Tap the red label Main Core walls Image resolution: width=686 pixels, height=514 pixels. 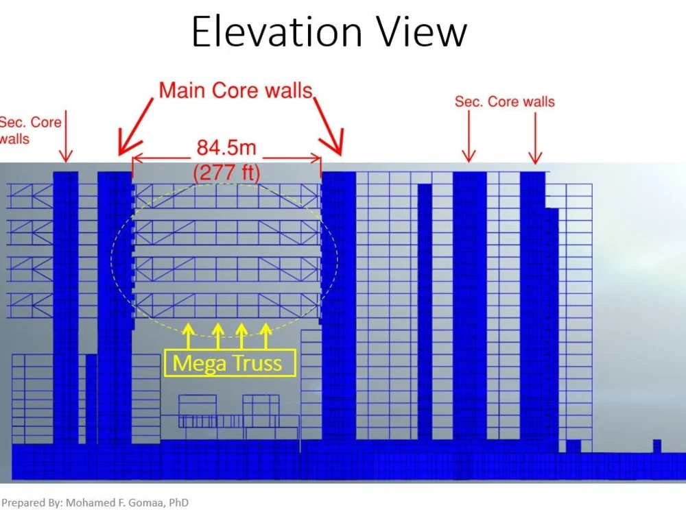click(x=235, y=90)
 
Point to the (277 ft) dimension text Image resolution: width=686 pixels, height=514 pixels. click(x=226, y=172)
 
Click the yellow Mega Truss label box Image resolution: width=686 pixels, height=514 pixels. click(x=230, y=363)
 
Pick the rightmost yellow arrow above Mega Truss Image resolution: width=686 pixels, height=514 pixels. click(x=267, y=336)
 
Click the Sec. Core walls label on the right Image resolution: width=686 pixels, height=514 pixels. click(x=504, y=101)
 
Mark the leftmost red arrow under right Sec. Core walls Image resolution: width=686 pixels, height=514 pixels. click(x=469, y=137)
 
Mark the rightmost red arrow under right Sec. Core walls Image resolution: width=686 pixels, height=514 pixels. click(x=535, y=137)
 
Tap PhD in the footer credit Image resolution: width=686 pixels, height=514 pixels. click(x=178, y=502)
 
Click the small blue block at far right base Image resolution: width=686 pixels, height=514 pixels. click(x=657, y=445)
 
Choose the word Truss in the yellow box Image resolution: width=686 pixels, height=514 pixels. click(x=257, y=363)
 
